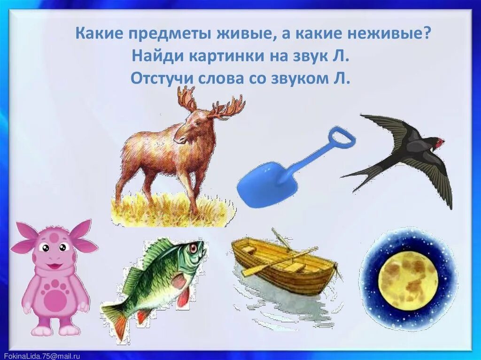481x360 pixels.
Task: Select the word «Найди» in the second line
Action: pyautogui.click(x=157, y=56)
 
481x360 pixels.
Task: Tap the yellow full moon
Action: pyautogui.click(x=408, y=280)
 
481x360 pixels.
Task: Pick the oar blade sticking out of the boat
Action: pyautogui.click(x=248, y=272)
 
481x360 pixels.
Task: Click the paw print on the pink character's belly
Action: pyautogui.click(x=55, y=297)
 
